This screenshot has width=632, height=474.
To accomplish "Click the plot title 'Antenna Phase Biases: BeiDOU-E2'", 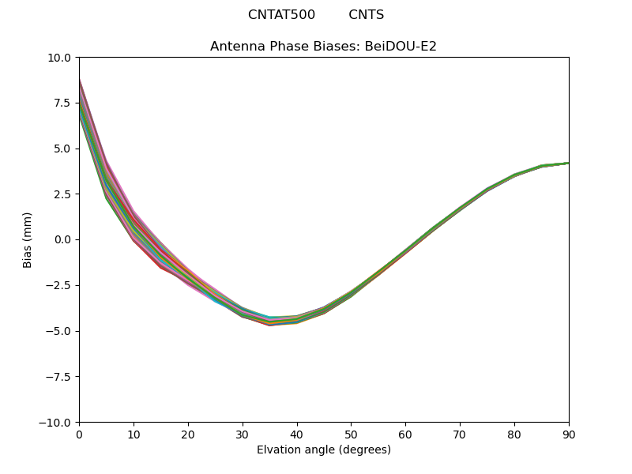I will pyautogui.click(x=323, y=47).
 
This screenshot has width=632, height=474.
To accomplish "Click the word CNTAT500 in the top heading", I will pyautogui.click(x=281, y=15).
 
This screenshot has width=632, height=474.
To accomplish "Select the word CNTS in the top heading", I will pyautogui.click(x=367, y=15).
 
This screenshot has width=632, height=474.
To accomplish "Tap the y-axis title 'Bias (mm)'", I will pyautogui.click(x=28, y=239).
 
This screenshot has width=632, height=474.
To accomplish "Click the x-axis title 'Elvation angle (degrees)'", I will pyautogui.click(x=323, y=450).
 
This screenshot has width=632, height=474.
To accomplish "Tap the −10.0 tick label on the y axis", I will pyautogui.click(x=57, y=423).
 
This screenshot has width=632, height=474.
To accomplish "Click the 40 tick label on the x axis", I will pyautogui.click(x=296, y=434).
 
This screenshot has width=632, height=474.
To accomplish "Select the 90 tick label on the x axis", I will pyautogui.click(x=568, y=434).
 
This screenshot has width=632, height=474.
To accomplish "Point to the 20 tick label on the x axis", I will pyautogui.click(x=188, y=434).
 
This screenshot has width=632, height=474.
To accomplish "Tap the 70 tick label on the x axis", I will pyautogui.click(x=460, y=434).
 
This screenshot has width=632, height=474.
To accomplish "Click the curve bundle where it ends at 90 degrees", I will pyautogui.click(x=567, y=164).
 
